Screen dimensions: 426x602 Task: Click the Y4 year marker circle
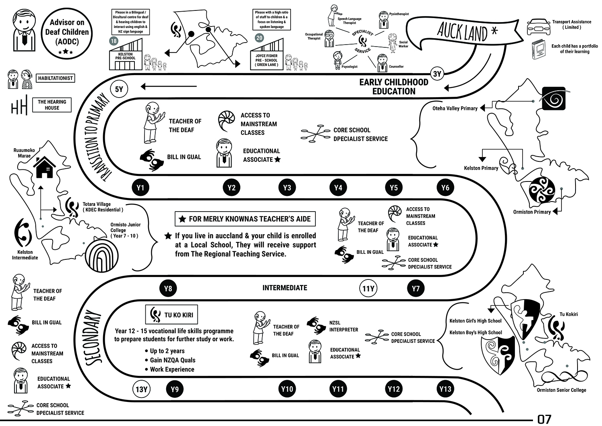click(x=338, y=188)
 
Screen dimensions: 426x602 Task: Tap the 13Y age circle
click(x=142, y=389)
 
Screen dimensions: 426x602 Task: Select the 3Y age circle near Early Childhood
click(x=437, y=74)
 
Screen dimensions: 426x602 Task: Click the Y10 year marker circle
click(x=287, y=389)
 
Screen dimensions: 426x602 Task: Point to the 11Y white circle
click(x=368, y=288)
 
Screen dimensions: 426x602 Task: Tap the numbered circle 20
click(x=259, y=38)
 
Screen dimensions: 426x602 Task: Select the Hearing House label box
click(x=52, y=105)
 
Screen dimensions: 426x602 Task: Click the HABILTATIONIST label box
click(x=55, y=78)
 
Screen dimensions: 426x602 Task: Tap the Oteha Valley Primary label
click(x=455, y=108)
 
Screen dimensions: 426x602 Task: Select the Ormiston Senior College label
click(x=561, y=390)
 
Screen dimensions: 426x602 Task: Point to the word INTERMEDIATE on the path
click(x=285, y=288)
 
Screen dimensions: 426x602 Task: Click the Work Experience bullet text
click(x=172, y=369)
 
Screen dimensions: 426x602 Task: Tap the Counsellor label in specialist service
click(x=396, y=67)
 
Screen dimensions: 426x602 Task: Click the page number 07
click(x=544, y=419)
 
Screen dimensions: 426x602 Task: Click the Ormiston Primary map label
click(x=532, y=212)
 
